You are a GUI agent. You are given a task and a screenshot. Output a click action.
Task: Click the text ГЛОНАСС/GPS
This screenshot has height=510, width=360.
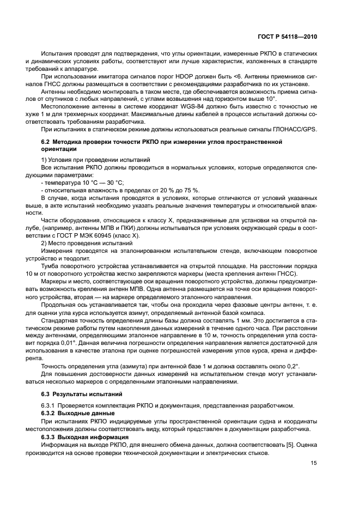296,128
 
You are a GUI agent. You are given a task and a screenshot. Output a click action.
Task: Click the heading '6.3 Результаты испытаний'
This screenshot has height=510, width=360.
78,393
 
